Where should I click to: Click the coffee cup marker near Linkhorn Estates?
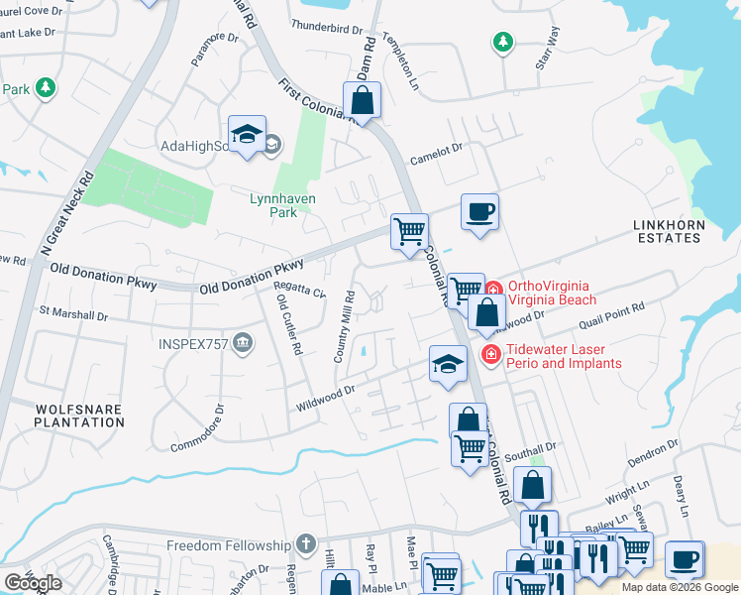479,212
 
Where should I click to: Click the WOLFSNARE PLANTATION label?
66,416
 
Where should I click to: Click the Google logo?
33,583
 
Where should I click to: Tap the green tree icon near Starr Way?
503,42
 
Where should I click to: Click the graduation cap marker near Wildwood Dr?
448,364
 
